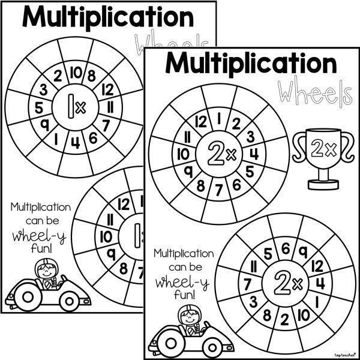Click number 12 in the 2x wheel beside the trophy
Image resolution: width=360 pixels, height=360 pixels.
(x=200, y=123)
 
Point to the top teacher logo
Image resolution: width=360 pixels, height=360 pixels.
(x=342, y=355)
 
